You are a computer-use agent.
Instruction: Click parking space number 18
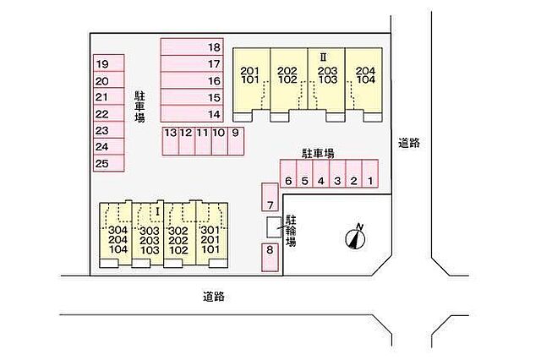(x=192, y=46)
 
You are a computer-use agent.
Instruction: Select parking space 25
(x=109, y=163)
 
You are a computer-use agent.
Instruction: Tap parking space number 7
(x=270, y=197)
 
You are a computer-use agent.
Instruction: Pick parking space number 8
(x=270, y=257)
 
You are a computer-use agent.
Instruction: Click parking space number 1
(x=370, y=173)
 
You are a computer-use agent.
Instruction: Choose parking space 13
(x=171, y=141)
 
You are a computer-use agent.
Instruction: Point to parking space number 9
(x=236, y=141)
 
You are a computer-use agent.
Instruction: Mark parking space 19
(x=109, y=63)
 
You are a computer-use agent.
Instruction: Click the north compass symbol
(x=356, y=237)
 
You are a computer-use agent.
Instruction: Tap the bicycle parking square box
(x=274, y=227)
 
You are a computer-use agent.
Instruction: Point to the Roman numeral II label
(x=323, y=57)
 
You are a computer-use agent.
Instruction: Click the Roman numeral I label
(x=158, y=211)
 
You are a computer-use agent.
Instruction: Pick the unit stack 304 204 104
(x=116, y=235)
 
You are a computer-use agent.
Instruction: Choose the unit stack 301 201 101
(x=212, y=235)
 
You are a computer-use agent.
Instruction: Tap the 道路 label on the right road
(x=409, y=143)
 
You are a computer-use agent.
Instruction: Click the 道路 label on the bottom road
(x=214, y=297)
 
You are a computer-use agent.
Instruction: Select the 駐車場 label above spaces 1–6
(x=318, y=153)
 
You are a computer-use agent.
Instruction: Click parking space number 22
(x=109, y=113)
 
